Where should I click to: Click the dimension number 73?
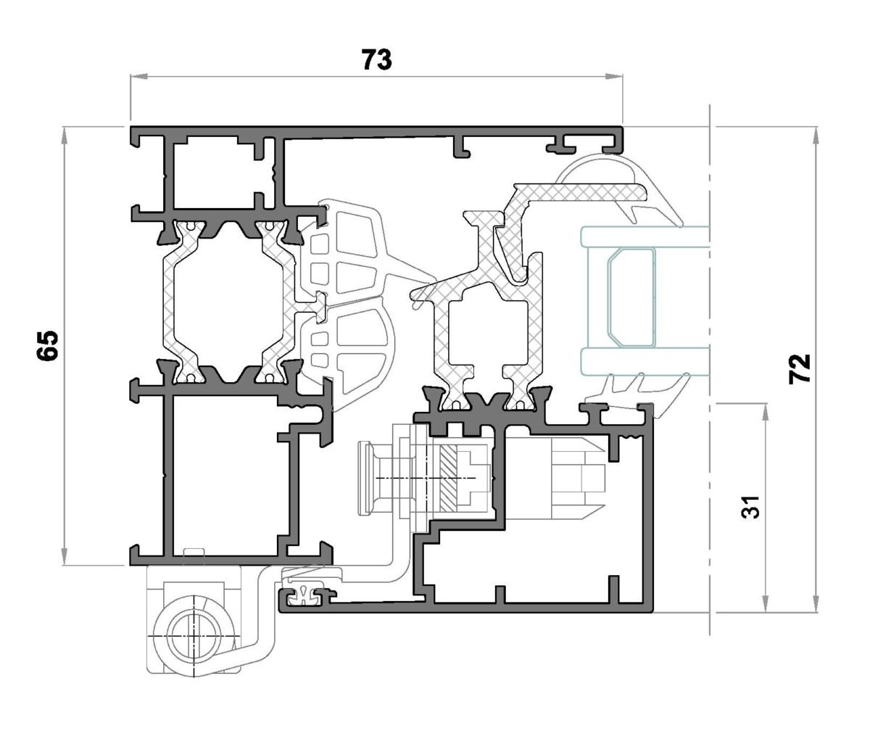click(377, 59)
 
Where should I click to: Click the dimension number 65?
click(47, 346)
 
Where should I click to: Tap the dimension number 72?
click(799, 368)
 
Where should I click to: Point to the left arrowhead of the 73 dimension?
click(139, 77)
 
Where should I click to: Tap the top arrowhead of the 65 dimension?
click(65, 136)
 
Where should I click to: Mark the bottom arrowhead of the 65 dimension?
click(65, 556)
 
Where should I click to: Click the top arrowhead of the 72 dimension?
click(816, 136)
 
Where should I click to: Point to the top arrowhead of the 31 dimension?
click(766, 413)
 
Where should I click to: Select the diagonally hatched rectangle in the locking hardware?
click(448, 479)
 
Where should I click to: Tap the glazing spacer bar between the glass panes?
click(631, 297)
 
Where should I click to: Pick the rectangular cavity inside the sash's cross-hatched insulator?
click(488, 331)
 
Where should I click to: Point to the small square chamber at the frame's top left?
click(215, 172)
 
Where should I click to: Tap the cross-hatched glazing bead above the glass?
click(576, 192)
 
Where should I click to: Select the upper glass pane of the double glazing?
click(645, 236)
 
